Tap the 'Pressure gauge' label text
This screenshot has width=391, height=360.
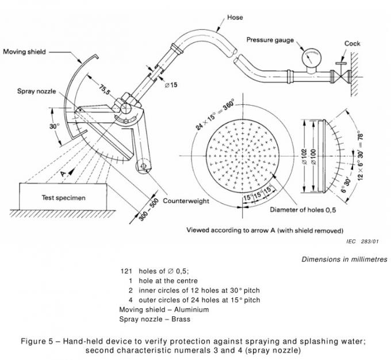tap(271, 40)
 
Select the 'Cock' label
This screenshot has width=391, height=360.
tap(352, 43)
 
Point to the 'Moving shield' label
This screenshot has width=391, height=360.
tap(28, 52)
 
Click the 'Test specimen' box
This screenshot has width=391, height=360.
tap(63, 198)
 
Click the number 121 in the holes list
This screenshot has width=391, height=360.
tap(126, 271)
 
